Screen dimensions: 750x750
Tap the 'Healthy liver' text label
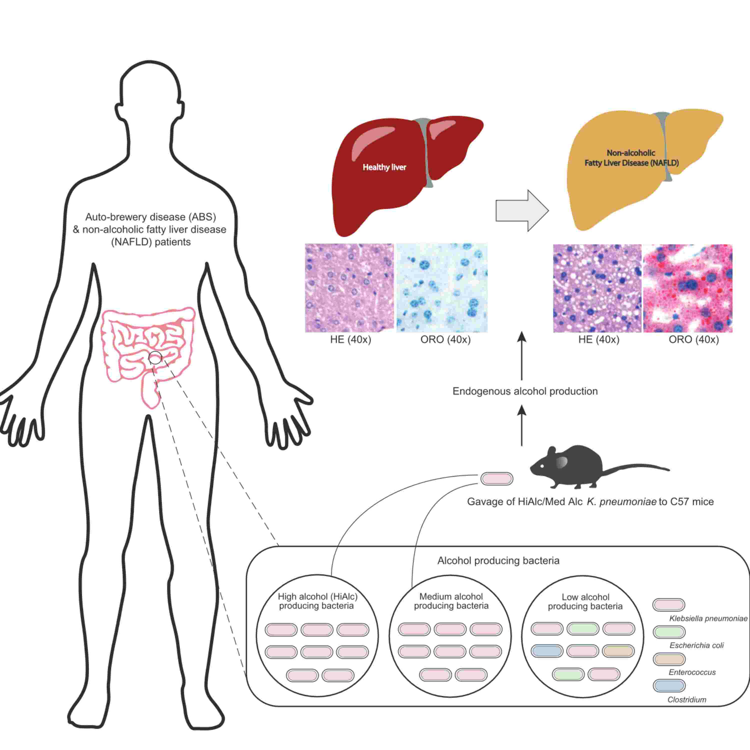pos(384,167)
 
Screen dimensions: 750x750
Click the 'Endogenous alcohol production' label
pos(525,391)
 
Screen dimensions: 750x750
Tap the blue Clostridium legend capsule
pos(668,685)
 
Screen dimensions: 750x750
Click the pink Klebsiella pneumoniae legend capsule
pos(668,604)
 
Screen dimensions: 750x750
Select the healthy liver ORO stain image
pos(441,288)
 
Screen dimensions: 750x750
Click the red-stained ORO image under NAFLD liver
pos(687,288)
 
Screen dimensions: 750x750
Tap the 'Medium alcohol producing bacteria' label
pos(451,601)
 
